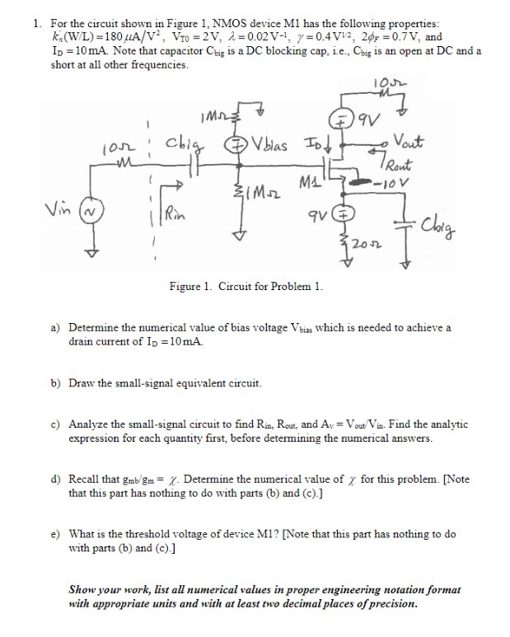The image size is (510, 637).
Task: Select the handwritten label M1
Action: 306,181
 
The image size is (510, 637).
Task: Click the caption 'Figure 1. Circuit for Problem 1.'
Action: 246,287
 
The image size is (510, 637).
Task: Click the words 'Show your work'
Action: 104,590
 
